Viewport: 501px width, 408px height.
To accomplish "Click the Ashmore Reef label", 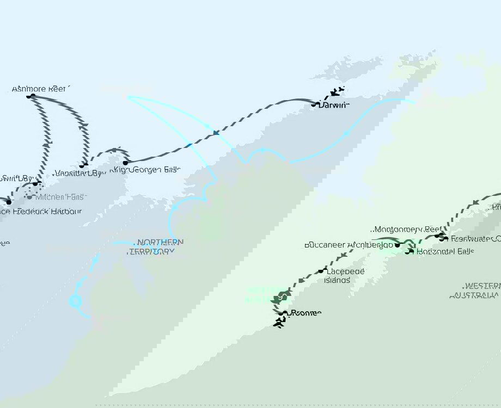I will [41, 88].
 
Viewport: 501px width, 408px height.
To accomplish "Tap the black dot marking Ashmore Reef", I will [32, 96].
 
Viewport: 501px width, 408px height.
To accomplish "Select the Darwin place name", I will [333, 105].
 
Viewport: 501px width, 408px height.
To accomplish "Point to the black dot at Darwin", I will [314, 104].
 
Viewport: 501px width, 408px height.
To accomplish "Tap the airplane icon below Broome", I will [280, 323].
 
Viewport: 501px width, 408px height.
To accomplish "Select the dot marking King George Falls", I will [125, 162].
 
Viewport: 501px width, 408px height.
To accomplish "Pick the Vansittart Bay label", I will [78, 174].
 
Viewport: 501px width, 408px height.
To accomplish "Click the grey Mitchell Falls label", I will [60, 197].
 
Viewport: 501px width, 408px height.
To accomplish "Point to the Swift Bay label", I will [16, 178].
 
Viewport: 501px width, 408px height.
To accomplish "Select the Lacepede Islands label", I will [346, 276].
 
